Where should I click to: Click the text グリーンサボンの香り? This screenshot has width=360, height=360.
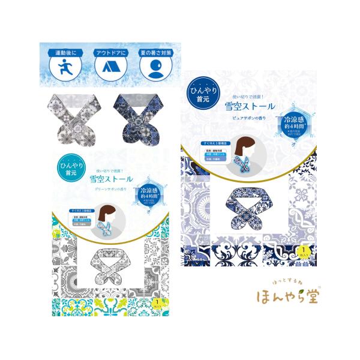(112, 189)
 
